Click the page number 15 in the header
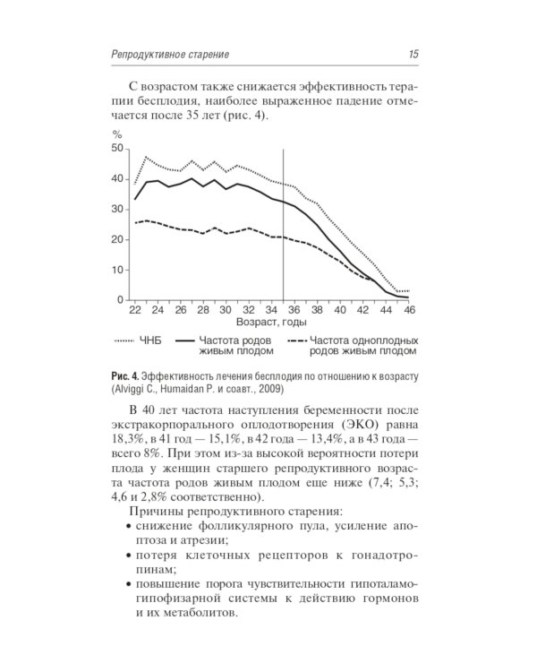[x=413, y=55]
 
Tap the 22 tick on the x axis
[x=135, y=310]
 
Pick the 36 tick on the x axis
[x=294, y=310]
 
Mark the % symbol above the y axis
[x=117, y=134]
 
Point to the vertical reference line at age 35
[x=283, y=224]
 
